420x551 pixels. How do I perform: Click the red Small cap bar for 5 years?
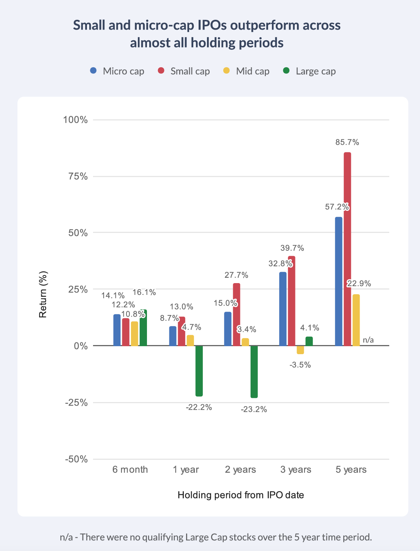(x=347, y=249)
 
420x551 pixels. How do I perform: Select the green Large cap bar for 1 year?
(x=199, y=371)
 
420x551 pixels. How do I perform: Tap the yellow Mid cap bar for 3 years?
(x=300, y=350)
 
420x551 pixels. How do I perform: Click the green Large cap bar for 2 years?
(x=254, y=372)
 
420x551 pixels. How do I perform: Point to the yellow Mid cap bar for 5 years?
(x=356, y=320)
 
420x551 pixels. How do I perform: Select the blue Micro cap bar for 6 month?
(x=117, y=330)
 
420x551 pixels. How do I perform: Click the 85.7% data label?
(x=347, y=142)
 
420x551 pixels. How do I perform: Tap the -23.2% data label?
(x=254, y=409)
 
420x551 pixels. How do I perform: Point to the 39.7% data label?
(x=292, y=248)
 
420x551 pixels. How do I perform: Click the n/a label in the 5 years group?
(x=368, y=340)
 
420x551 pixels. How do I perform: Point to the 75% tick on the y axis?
(x=76, y=176)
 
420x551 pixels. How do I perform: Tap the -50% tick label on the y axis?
(x=76, y=459)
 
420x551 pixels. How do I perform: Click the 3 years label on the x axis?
(x=295, y=470)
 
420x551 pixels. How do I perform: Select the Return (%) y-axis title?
(x=43, y=294)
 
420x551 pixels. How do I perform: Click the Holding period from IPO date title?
(x=241, y=495)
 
